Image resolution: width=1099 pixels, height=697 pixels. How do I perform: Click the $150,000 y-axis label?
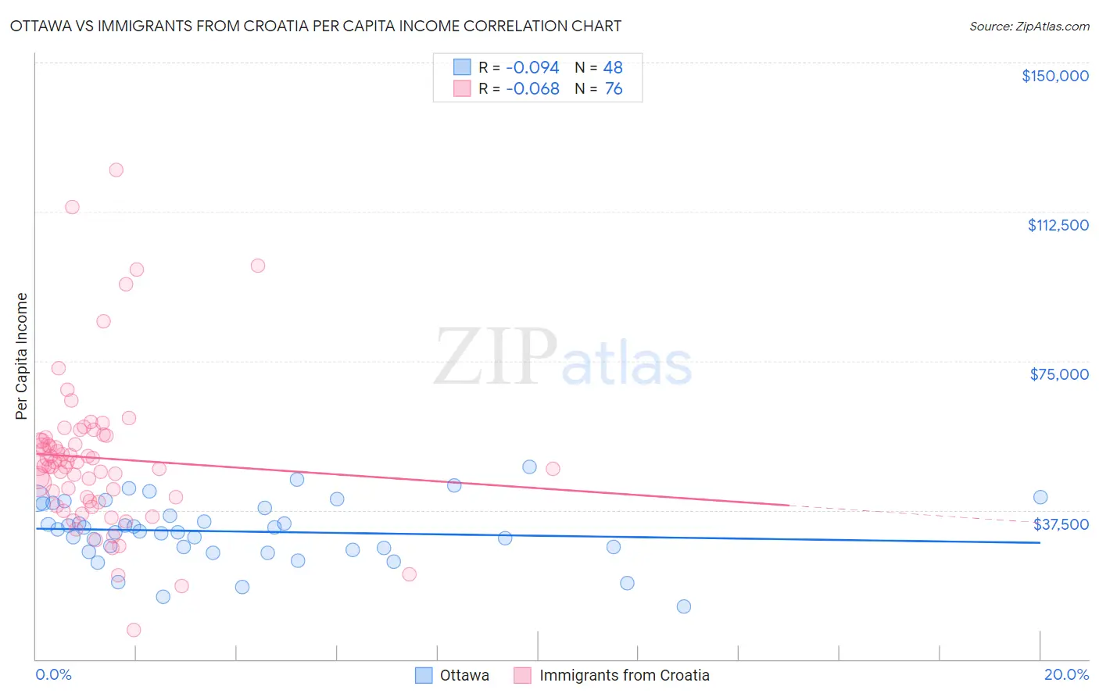1054,76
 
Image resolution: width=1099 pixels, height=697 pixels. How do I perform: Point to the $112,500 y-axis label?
1058,225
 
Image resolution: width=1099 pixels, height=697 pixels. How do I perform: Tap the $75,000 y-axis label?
1058,374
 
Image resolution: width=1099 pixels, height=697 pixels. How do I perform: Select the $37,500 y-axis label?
1061,524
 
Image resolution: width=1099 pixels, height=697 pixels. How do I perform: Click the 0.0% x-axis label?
53,674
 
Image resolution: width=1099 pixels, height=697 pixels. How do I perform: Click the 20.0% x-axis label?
1066,674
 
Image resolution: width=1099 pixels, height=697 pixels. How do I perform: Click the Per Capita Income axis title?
22,356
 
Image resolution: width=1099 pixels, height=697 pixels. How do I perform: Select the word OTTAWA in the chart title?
39,26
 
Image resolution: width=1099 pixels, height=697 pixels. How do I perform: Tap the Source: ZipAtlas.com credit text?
1029,27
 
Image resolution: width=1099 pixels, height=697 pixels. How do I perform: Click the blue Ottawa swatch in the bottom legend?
424,675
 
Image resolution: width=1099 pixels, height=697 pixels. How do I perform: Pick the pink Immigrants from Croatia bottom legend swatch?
523,675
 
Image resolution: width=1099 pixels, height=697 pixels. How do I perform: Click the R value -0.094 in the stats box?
532,68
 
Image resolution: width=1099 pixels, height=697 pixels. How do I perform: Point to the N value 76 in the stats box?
614,89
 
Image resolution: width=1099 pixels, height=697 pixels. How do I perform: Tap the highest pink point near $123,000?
116,170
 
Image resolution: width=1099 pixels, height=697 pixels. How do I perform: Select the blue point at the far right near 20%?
1040,497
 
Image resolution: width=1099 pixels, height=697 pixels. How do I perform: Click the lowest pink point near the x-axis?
134,630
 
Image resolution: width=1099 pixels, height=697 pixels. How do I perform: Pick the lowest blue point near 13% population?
684,606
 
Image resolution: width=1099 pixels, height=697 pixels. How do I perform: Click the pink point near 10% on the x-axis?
553,469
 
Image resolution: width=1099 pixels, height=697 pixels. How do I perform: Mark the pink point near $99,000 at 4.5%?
258,266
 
